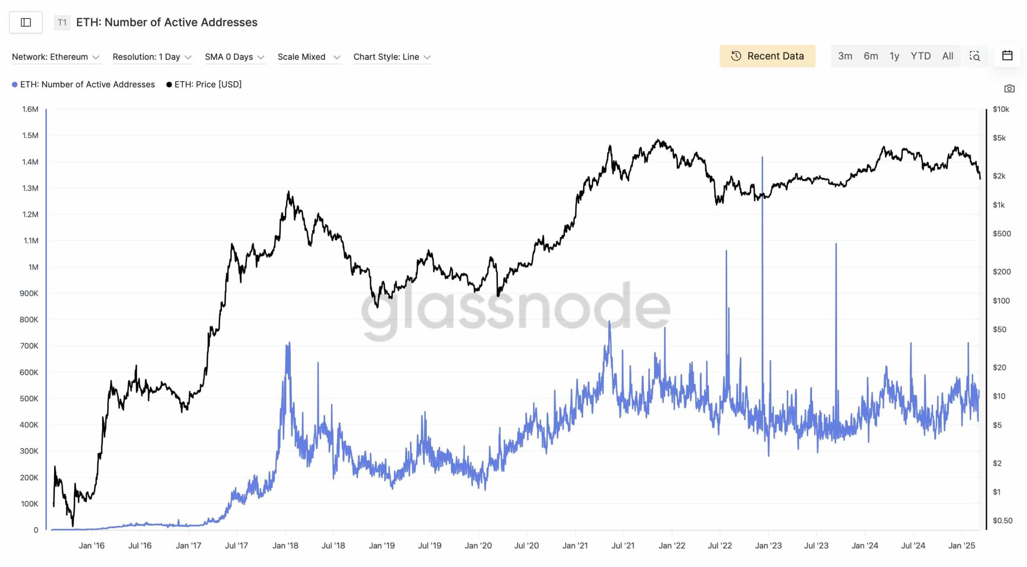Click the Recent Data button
click(767, 56)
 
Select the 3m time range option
click(845, 56)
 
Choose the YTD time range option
click(920, 56)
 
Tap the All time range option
click(948, 56)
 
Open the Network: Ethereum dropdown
click(55, 57)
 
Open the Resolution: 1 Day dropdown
click(152, 57)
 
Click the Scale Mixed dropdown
click(309, 57)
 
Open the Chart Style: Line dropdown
click(392, 57)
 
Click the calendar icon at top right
click(1007, 55)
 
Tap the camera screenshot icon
click(1009, 88)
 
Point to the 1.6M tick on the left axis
click(30, 109)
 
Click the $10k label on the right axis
click(1001, 109)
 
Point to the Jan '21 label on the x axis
click(574, 545)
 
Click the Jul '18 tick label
click(333, 545)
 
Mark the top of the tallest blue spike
click(762, 157)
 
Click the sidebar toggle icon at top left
click(26, 22)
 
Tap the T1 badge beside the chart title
click(62, 22)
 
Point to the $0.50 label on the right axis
click(1002, 520)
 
